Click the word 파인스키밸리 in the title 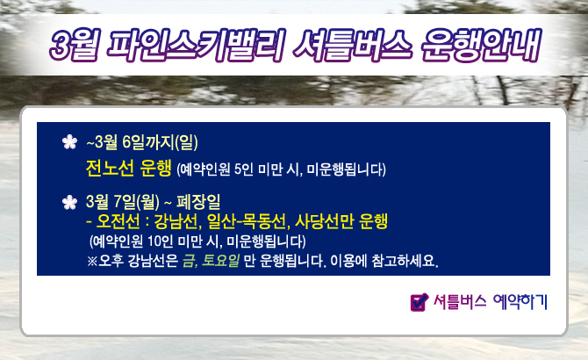[196, 46]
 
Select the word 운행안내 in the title [481, 46]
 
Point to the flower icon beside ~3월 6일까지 [69, 142]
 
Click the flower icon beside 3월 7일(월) [69, 202]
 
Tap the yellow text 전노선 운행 [129, 168]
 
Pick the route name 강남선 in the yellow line [176, 221]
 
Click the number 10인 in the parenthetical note [160, 241]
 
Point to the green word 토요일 [220, 260]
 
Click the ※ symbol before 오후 [92, 261]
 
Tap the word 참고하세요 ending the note [405, 260]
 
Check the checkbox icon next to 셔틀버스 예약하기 [419, 302]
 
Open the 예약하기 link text [520, 301]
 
